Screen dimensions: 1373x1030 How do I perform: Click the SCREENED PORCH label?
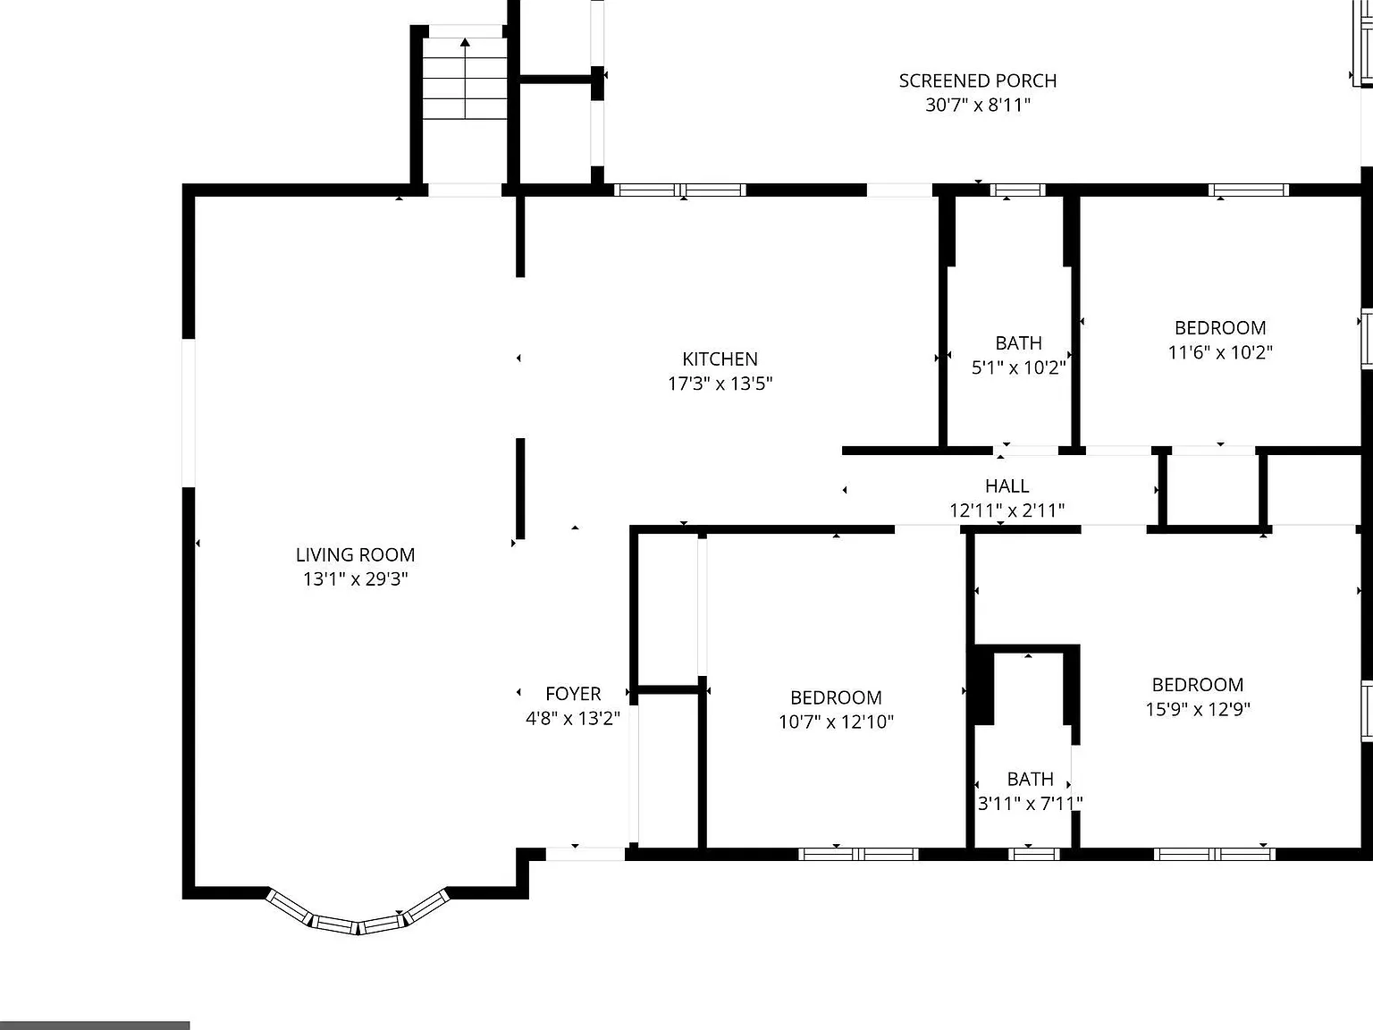(978, 80)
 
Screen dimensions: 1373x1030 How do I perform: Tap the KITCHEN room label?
(720, 359)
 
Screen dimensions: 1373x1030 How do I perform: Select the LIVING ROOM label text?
(355, 554)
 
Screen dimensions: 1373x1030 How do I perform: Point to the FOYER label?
(573, 694)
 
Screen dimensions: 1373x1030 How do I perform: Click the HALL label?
(1007, 485)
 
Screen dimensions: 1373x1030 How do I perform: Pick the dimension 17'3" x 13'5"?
(720, 384)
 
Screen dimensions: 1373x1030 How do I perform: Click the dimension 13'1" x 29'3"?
(355, 579)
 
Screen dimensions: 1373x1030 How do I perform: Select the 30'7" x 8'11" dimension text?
(978, 106)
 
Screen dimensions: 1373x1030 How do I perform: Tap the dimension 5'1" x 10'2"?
(1018, 367)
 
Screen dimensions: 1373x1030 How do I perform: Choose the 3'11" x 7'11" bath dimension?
(1031, 803)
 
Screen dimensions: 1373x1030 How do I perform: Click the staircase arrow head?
(465, 42)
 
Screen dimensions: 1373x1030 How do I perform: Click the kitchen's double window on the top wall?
(680, 190)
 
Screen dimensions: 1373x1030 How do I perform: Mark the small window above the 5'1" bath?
(1018, 190)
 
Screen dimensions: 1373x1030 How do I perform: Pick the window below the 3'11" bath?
(1033, 854)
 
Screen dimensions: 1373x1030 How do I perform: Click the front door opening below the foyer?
(585, 854)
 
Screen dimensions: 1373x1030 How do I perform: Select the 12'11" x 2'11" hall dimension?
(1007, 511)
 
